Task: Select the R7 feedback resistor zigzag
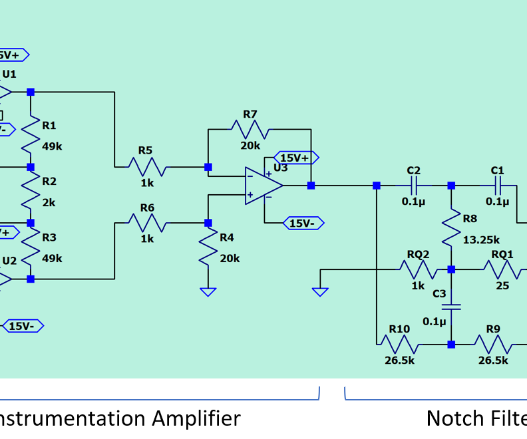[250, 129]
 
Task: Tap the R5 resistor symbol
[146, 167]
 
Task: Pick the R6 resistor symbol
[146, 223]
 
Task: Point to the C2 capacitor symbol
[413, 186]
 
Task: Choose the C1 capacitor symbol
[497, 186]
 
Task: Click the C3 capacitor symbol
[451, 307]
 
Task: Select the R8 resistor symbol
[451, 228]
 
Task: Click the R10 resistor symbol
[399, 345]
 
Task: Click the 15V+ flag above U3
[296, 158]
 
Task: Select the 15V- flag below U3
[303, 223]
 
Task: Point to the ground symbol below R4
[208, 291]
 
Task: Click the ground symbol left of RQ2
[320, 291]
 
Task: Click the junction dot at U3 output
[311, 186]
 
